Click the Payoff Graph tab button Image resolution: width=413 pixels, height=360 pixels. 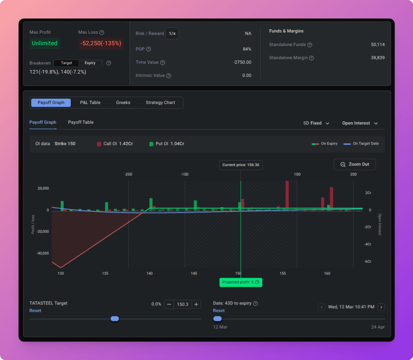click(51, 103)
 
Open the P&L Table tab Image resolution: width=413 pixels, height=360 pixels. click(90, 103)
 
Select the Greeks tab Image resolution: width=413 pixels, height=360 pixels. click(123, 103)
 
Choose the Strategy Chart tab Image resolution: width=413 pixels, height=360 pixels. click(160, 103)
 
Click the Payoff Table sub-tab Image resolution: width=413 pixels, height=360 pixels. click(81, 122)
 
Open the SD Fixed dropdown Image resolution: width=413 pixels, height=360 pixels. click(316, 123)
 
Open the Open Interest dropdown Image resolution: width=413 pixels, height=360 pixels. click(360, 123)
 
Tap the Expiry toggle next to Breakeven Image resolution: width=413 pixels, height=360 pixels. click(90, 63)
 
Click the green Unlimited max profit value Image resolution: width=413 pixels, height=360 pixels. click(44, 43)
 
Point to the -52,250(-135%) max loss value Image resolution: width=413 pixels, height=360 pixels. click(101, 43)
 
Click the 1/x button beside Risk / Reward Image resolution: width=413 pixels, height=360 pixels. click(172, 33)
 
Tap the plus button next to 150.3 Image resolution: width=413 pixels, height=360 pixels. click(196, 304)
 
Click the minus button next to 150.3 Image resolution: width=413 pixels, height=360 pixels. click(169, 304)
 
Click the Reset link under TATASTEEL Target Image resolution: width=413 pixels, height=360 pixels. click(35, 311)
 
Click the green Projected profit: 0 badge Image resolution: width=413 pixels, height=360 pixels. click(241, 282)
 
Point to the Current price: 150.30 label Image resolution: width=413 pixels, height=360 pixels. click(241, 165)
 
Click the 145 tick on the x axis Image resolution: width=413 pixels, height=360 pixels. click(194, 273)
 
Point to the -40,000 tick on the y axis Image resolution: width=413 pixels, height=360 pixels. click(43, 253)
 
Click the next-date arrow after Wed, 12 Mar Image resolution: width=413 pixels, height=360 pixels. click(381, 307)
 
